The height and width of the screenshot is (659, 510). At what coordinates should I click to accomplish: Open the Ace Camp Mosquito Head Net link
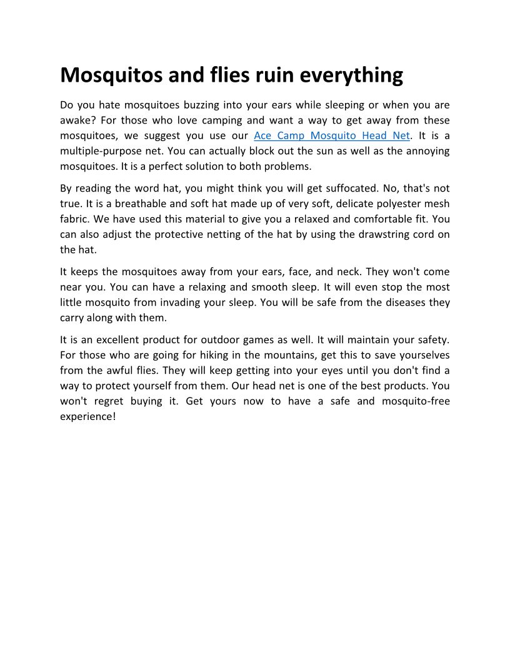(x=332, y=135)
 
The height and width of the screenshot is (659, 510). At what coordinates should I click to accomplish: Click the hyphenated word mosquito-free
(x=413, y=401)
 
